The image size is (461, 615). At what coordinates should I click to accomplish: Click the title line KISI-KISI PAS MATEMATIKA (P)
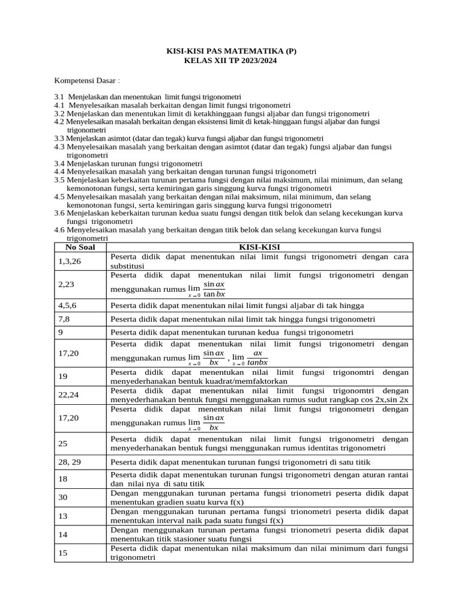[231, 52]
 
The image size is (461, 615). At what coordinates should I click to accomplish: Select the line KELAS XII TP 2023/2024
[231, 61]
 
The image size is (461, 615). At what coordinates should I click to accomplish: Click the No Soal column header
[80, 247]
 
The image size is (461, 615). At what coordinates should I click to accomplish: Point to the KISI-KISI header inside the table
[259, 247]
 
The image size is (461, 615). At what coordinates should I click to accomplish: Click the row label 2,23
[66, 284]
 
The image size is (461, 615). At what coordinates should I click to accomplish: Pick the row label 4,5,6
[68, 304]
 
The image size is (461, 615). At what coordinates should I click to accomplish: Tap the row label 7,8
[64, 318]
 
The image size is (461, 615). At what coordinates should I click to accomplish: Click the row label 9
[61, 332]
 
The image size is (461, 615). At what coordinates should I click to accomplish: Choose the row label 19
[64, 376]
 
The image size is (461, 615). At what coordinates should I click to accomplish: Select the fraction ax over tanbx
[258, 357]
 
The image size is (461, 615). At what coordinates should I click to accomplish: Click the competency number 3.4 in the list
[59, 163]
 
